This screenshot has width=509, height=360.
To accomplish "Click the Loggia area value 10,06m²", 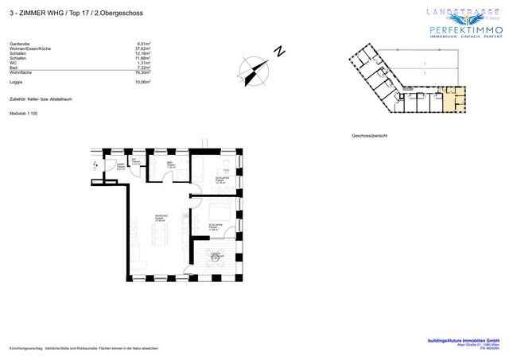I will pyautogui.click(x=142, y=81).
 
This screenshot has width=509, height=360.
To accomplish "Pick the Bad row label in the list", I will pyautogui.click(x=14, y=68).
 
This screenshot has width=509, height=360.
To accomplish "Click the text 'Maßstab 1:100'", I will pyautogui.click(x=24, y=114).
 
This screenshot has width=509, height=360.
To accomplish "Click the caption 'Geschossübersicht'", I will pyautogui.click(x=369, y=136).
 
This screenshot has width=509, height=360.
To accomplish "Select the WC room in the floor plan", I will pyautogui.click(x=135, y=165).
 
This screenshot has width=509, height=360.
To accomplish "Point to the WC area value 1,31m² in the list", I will pyautogui.click(x=144, y=63).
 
